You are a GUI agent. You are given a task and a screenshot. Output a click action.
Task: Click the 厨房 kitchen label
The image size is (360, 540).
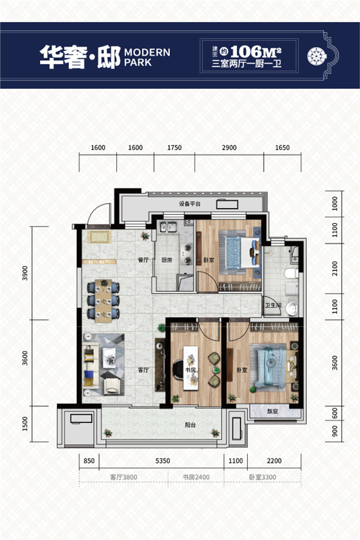point(167,260)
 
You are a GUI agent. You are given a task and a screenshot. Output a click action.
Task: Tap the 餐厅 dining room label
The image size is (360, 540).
point(143,260)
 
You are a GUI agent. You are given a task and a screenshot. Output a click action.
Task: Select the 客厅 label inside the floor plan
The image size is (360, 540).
point(143,370)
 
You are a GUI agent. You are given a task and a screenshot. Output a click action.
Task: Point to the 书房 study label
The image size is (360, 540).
point(190,370)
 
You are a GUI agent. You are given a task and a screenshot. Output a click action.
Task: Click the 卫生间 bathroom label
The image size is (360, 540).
point(273,305)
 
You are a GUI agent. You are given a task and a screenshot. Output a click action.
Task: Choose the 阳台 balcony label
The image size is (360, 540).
point(190,425)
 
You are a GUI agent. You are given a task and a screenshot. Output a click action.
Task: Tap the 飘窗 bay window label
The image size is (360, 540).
point(273,411)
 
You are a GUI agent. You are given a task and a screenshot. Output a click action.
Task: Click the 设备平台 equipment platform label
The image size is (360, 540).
point(190,204)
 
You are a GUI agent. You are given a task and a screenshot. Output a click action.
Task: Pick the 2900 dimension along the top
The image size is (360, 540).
point(229,148)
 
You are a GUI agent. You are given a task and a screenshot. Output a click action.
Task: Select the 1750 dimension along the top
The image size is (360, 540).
point(175,148)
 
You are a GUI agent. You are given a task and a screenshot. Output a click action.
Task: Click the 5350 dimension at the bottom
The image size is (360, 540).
point(163,461)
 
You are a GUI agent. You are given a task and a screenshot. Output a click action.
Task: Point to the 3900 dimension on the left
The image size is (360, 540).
point(25,273)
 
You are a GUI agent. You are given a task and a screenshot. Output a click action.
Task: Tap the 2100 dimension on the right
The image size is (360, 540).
point(334,268)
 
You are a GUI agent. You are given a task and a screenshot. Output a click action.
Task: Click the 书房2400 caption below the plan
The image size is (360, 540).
point(195,477)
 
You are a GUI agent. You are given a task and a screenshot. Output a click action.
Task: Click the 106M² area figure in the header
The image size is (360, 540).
point(256,52)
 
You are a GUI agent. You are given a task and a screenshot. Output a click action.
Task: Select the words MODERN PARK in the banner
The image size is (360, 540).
point(147,57)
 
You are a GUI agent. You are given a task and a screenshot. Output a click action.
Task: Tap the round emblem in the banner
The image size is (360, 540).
point(317,56)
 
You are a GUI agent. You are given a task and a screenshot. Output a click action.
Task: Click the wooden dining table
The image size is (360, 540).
point(103,300)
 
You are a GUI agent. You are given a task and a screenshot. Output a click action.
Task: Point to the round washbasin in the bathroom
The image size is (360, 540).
point(292,309)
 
